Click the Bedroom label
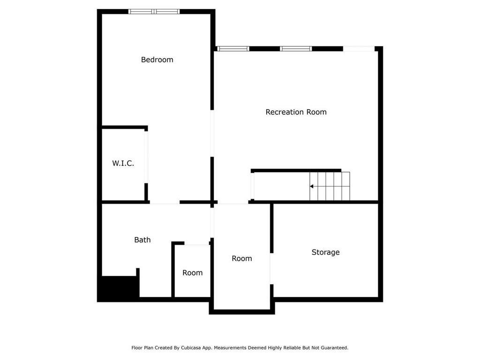[x=157, y=60]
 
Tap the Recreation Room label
[x=296, y=112]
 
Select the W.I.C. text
[x=123, y=163]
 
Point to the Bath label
[x=142, y=240]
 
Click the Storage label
[x=325, y=252]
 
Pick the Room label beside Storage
[x=242, y=258]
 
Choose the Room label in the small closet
[x=193, y=273]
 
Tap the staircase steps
[x=330, y=186]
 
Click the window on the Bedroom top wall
[x=154, y=12]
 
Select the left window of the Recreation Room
[x=233, y=49]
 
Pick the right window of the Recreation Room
[x=296, y=49]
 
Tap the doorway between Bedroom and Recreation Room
[x=212, y=134]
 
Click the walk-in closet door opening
[x=146, y=157]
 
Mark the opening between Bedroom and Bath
[x=165, y=202]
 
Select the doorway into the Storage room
[x=271, y=269]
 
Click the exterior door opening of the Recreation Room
[x=359, y=49]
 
